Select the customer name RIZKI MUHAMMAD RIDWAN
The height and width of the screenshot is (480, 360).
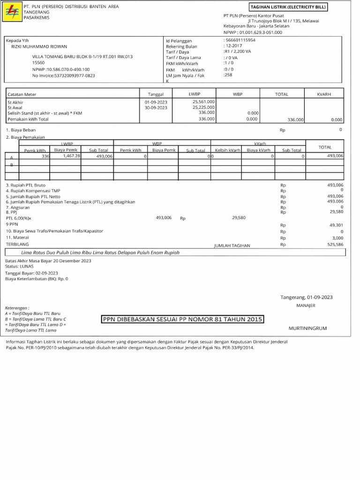pyautogui.click(x=39, y=46)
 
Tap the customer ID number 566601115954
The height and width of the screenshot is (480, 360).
pyautogui.click(x=240, y=41)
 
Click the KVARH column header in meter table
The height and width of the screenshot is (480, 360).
pyautogui.click(x=324, y=94)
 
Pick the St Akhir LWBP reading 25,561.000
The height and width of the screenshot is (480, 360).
pyautogui.click(x=203, y=101)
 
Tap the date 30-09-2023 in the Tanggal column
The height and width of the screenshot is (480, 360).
pyautogui.click(x=156, y=107)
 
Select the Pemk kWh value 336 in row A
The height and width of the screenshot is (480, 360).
pyautogui.click(x=45, y=156)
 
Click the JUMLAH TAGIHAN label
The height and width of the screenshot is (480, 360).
pyautogui.click(x=232, y=246)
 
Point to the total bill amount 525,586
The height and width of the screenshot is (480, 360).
pyautogui.click(x=335, y=244)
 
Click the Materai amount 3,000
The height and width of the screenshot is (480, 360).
pyautogui.click(x=337, y=238)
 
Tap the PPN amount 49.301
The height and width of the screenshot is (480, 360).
pyautogui.click(x=336, y=225)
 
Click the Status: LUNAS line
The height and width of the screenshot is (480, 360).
pyautogui.click(x=17, y=266)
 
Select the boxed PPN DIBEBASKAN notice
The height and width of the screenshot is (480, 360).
pyautogui.click(x=183, y=320)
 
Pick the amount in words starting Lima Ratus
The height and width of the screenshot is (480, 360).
pyautogui.click(x=100, y=253)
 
